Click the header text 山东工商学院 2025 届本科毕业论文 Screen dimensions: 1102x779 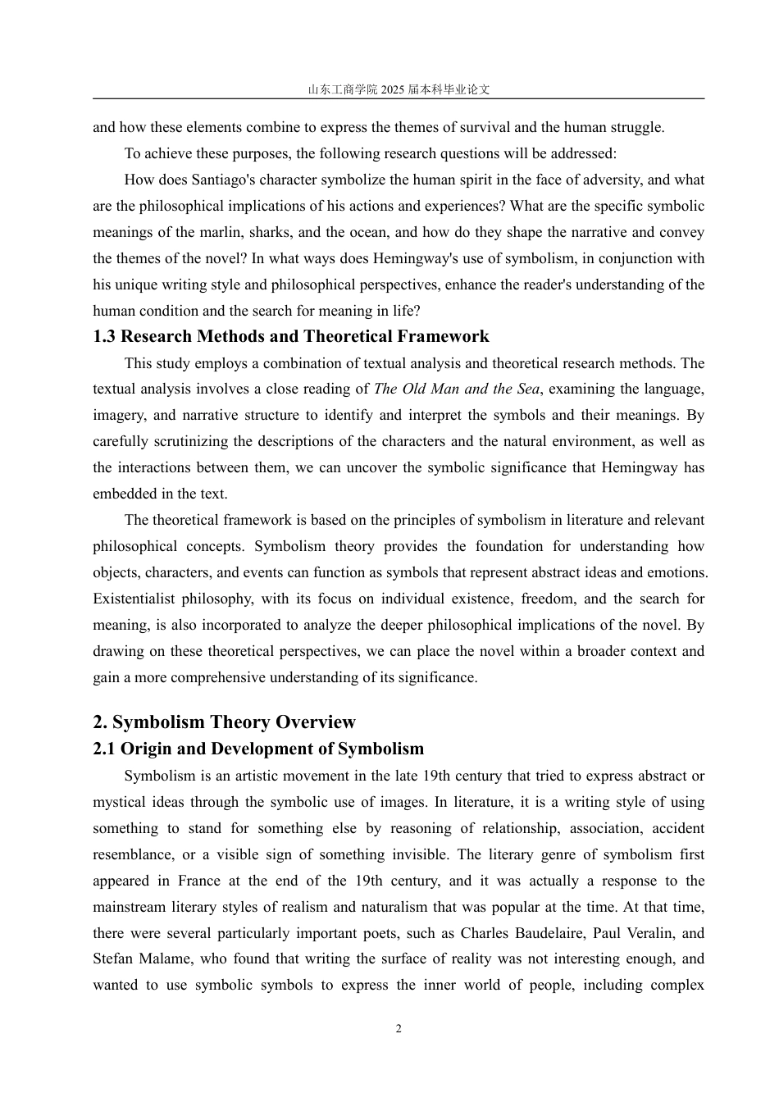(399, 89)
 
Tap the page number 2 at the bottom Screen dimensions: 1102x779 (399, 1029)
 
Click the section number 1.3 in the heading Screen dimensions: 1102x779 (104, 337)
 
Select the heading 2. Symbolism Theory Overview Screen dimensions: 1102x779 (224, 722)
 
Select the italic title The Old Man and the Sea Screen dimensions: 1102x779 (458, 389)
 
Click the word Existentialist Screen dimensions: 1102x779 (134, 599)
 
